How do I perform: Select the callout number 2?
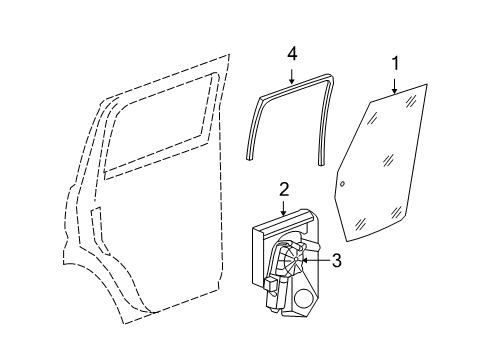point(284,188)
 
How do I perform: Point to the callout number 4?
point(292,52)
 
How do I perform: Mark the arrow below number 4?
point(292,72)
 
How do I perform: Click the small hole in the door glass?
point(342,185)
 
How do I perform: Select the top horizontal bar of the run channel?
point(291,85)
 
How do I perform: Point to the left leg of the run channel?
point(254,125)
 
